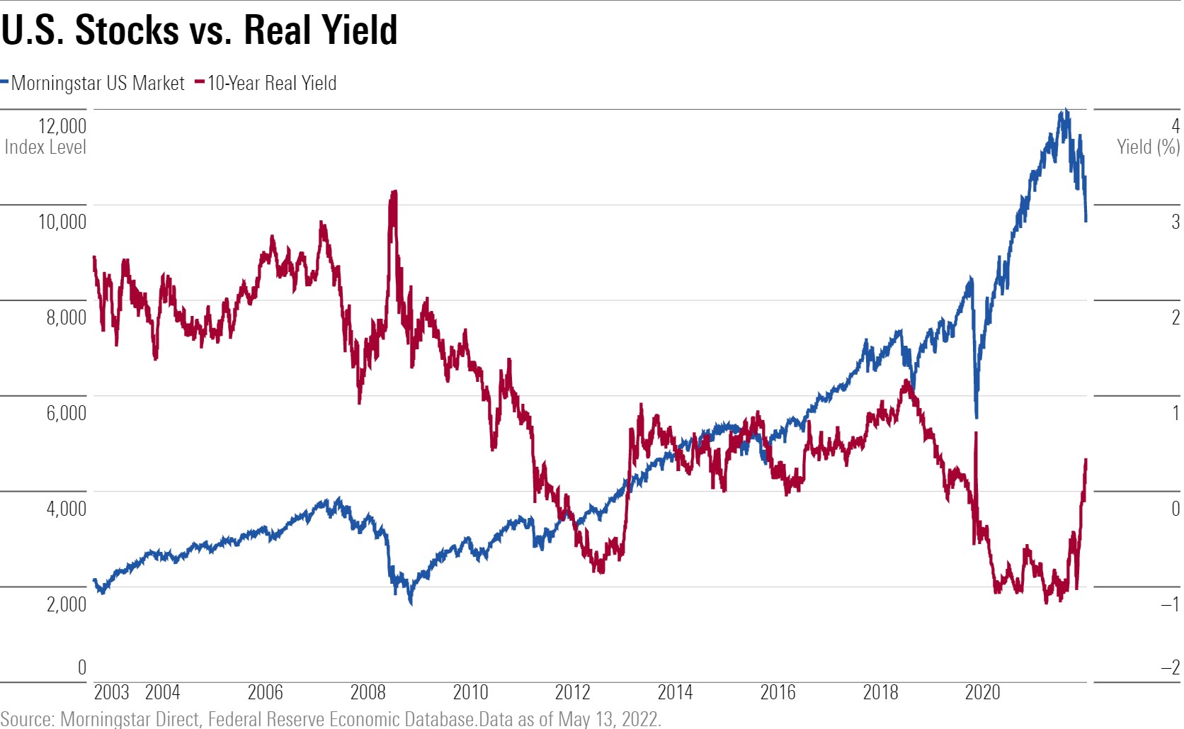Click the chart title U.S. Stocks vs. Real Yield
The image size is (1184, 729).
(x=199, y=30)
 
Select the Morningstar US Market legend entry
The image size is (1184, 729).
(x=97, y=84)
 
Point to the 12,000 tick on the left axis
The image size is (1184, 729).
(x=62, y=126)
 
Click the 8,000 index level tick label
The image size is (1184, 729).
(x=66, y=317)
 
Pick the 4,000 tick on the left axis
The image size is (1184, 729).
(x=66, y=509)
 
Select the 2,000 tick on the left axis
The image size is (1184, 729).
(x=66, y=604)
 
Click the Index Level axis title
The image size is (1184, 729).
(x=45, y=147)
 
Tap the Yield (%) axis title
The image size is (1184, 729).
(x=1148, y=147)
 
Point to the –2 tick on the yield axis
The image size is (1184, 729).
(x=1170, y=667)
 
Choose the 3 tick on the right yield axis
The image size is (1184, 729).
(x=1175, y=222)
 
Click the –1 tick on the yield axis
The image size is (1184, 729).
(x=1170, y=604)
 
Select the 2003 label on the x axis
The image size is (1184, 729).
(x=111, y=692)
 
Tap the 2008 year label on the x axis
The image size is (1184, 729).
(x=368, y=692)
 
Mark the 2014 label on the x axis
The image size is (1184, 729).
(x=675, y=692)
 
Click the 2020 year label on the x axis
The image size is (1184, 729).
(x=982, y=692)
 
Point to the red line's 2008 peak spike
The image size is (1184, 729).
(x=394, y=192)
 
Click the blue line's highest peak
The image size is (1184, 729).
(x=1064, y=111)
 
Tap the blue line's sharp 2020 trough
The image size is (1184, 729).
(x=977, y=416)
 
